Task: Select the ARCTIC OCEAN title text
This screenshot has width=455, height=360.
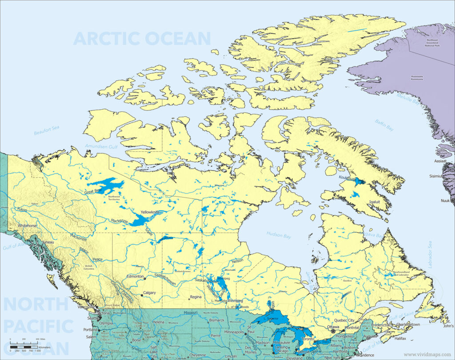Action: pos(142,39)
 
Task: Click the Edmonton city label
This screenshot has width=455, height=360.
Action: pos(135,277)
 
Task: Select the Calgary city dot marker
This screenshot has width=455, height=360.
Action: pos(142,295)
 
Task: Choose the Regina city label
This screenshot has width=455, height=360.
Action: pos(196,297)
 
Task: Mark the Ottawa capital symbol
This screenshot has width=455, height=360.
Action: pos(333,331)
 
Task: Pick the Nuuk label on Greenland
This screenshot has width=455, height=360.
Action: pos(445,201)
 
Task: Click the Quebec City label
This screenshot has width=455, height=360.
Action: pos(344,320)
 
